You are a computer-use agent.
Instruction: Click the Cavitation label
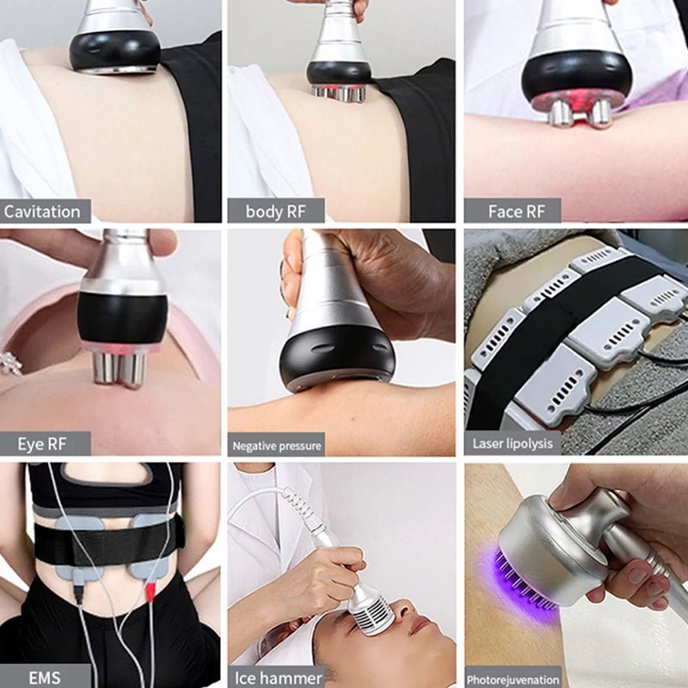(x=42, y=212)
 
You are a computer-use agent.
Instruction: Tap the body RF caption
(x=275, y=212)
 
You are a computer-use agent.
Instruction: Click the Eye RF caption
(x=42, y=444)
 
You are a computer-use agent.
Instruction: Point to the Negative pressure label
(x=276, y=445)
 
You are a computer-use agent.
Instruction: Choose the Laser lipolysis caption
(x=513, y=444)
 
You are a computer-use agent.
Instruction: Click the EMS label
(x=43, y=677)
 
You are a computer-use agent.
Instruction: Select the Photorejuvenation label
(x=513, y=678)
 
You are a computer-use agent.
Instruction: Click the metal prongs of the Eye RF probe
(x=119, y=367)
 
